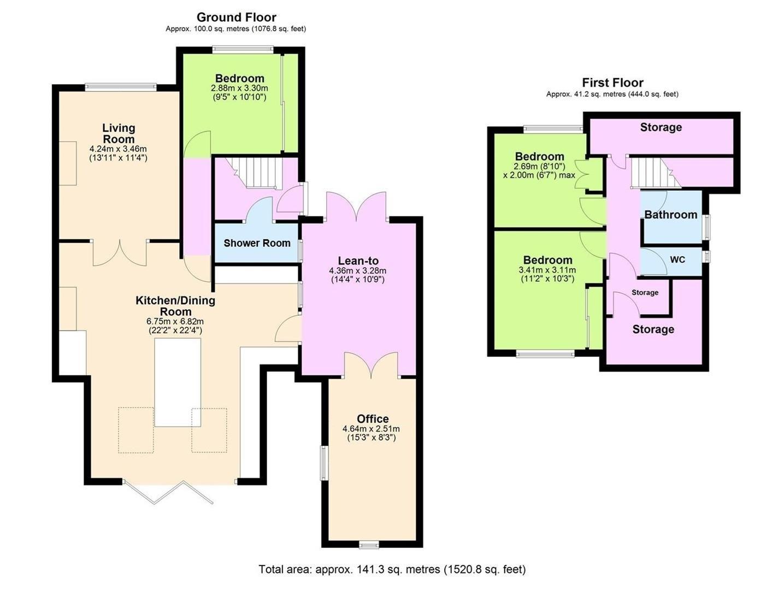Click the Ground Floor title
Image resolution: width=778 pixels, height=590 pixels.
(237, 17)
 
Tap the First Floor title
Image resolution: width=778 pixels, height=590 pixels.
(612, 82)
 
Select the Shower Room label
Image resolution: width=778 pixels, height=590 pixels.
(257, 243)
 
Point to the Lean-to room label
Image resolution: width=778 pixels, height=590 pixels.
(358, 261)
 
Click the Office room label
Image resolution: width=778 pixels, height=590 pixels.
(373, 419)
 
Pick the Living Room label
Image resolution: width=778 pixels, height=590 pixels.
(119, 133)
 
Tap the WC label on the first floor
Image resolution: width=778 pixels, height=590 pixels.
(677, 259)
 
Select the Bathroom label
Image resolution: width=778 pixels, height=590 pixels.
(670, 215)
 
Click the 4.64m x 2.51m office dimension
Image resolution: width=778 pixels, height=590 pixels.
(371, 429)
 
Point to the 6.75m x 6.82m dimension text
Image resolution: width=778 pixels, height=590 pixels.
(175, 322)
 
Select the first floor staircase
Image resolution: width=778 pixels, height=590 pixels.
(656, 173)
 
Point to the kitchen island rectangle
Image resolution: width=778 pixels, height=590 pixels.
(178, 382)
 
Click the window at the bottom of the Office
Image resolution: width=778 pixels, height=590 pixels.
(369, 545)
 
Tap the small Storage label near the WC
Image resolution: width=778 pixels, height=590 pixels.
(645, 292)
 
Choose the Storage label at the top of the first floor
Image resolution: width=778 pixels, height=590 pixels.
(661, 127)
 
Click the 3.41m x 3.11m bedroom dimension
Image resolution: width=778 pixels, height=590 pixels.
(547, 270)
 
